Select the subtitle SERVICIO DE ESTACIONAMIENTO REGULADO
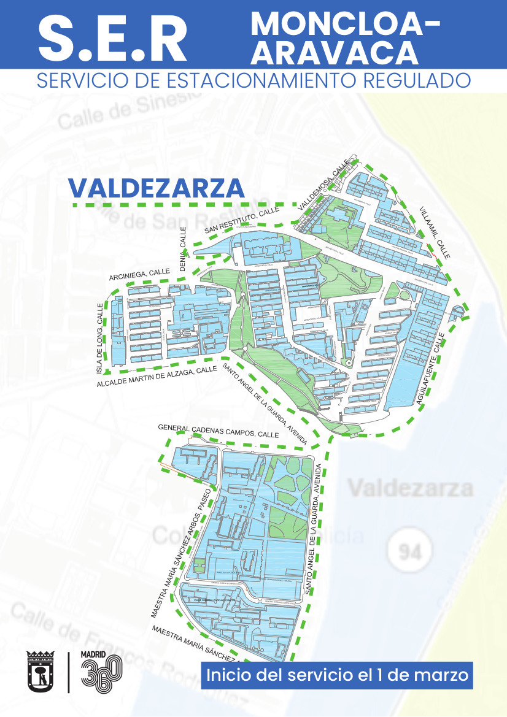[253, 80]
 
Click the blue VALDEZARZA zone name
[157, 188]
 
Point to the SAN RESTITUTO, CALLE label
[242, 221]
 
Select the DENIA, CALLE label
[182, 249]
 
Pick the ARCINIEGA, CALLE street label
[139, 274]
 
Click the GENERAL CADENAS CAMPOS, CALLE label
[218, 430]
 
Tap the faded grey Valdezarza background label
[411, 488]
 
